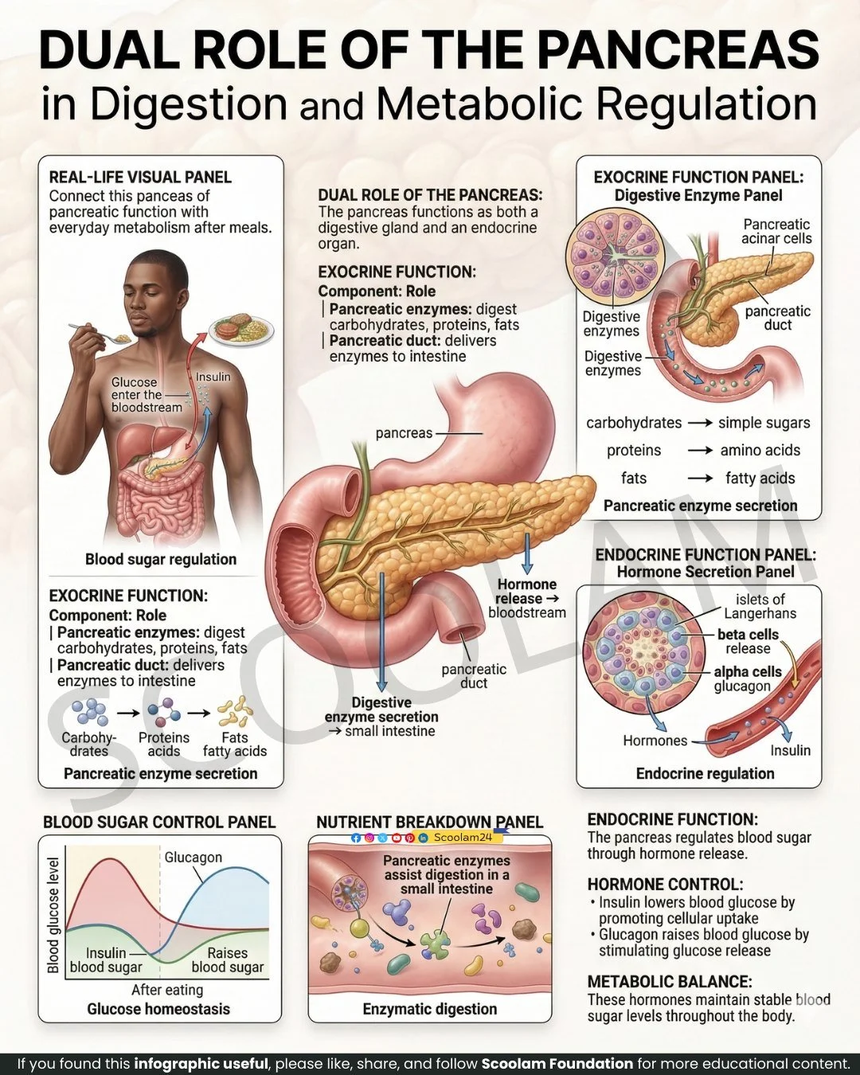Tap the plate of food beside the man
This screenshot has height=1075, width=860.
click(x=241, y=328)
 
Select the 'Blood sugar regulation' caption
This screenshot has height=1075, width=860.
click(x=161, y=559)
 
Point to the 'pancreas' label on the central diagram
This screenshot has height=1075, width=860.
click(x=404, y=433)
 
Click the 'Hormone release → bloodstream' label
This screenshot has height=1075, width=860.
click(x=527, y=598)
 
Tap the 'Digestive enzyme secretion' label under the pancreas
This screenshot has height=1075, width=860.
click(x=381, y=709)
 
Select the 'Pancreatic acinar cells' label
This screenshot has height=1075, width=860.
click(x=776, y=231)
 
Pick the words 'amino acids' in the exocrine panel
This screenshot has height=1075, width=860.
click(x=760, y=450)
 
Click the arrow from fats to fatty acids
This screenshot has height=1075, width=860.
click(x=700, y=478)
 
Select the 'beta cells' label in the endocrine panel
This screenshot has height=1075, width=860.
click(x=748, y=635)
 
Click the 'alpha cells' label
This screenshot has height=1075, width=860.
click(x=747, y=671)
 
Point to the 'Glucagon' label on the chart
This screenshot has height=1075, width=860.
click(x=193, y=857)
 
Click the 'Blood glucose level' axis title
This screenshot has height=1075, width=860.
click(x=53, y=915)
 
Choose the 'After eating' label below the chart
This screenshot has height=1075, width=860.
click(x=167, y=990)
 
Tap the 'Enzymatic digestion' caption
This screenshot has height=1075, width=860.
click(x=429, y=1009)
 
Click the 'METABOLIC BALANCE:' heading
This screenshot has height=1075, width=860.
click(x=669, y=981)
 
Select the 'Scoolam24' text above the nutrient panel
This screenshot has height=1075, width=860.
click(x=463, y=837)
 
